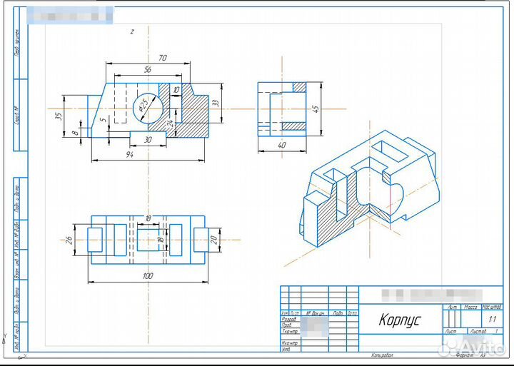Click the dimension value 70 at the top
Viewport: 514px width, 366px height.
[163, 57]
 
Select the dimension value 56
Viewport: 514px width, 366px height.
[148, 69]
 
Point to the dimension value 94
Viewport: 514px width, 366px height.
[129, 154]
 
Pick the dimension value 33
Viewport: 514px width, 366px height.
[216, 103]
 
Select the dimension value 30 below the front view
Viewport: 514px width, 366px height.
[147, 140]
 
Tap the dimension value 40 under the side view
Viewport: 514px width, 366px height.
[281, 146]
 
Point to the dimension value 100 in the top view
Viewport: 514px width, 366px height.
[148, 275]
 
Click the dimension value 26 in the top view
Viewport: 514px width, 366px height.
[69, 239]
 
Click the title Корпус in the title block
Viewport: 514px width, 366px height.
[399, 321]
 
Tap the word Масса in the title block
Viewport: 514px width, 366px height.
[470, 307]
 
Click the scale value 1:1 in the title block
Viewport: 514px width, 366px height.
[492, 320]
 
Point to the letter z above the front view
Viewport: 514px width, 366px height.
[131, 31]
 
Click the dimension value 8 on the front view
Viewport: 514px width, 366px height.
[75, 133]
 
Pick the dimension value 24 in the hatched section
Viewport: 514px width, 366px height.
[170, 123]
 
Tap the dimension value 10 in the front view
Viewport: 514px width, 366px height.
[176, 91]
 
